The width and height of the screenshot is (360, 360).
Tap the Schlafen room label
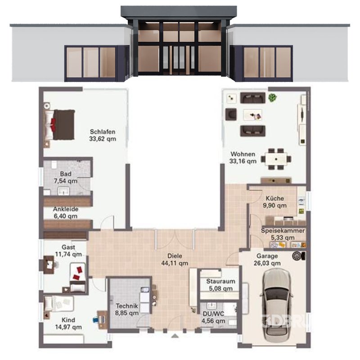(x=103, y=135)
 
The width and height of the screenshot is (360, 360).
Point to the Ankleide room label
(x=65, y=212)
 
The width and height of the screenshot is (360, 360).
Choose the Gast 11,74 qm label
(x=68, y=251)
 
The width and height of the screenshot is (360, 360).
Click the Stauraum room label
(x=220, y=285)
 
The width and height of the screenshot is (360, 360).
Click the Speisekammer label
(x=283, y=234)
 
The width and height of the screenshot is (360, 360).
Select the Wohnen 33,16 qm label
(x=243, y=157)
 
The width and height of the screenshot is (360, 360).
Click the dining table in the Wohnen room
(x=276, y=158)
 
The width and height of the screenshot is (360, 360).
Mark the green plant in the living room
(x=272, y=97)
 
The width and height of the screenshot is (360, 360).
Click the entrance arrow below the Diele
(x=175, y=335)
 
